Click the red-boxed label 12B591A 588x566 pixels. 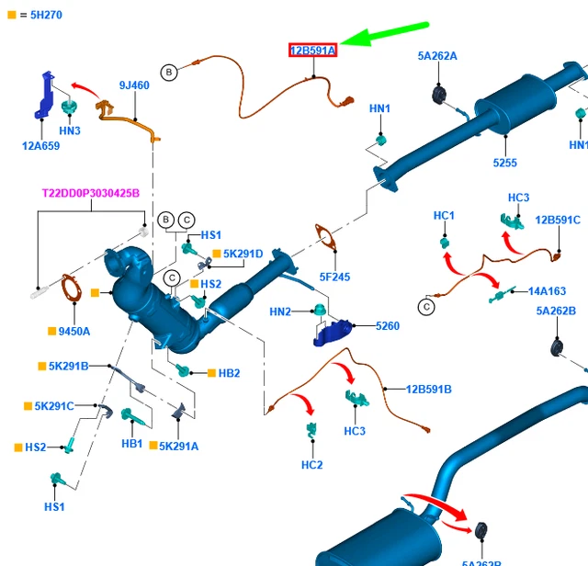pos(313,50)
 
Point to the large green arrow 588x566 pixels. pos(390,36)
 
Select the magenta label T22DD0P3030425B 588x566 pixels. pos(91,194)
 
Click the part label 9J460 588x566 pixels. pos(134,85)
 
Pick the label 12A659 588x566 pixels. pos(41,145)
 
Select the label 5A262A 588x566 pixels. pos(437,56)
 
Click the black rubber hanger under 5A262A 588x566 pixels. pos(438,95)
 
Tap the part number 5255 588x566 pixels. pos(504,163)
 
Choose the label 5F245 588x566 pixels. pos(334,277)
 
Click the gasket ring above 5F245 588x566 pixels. pos(323,237)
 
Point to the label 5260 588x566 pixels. pos(387,326)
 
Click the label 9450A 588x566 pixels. pos(75,331)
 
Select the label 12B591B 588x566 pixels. pos(429,390)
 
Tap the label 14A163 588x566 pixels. pos(547,291)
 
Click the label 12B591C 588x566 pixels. pos(558,221)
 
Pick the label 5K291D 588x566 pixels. pos(244,254)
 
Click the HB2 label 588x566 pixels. pos(229,373)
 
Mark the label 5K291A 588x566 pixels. pos(178,446)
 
